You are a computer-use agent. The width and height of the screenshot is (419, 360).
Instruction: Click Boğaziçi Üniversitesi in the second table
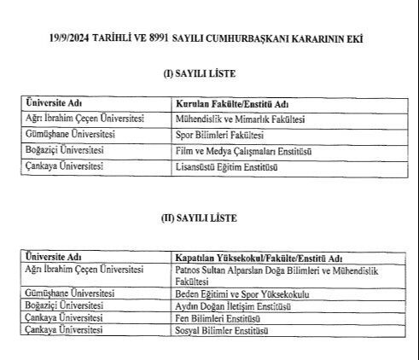[x=66, y=305]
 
